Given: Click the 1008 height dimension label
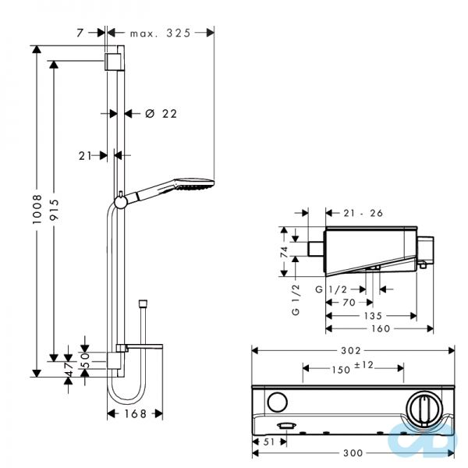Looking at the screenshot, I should (x=36, y=211).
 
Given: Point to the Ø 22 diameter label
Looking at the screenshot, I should (x=161, y=113).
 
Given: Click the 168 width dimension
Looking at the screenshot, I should (x=135, y=413).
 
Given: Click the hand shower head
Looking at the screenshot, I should (x=190, y=185).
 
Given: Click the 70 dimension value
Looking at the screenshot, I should (x=349, y=301).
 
